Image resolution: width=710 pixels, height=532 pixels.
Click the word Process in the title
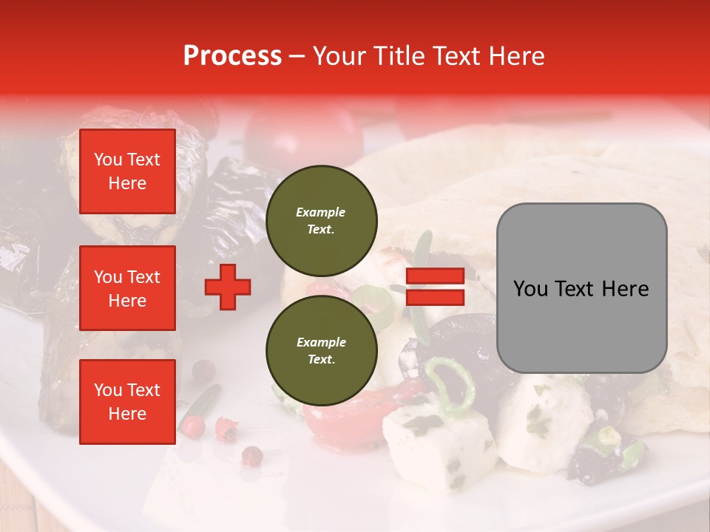(x=232, y=56)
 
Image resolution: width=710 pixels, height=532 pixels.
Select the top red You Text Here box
(x=127, y=171)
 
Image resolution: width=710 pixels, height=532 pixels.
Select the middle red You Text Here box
(x=127, y=288)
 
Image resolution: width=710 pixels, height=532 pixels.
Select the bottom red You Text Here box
(x=127, y=401)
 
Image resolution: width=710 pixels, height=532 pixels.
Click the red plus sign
(x=228, y=287)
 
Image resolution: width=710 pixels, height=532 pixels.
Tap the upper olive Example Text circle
(x=321, y=220)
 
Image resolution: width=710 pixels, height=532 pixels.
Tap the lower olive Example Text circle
(x=321, y=350)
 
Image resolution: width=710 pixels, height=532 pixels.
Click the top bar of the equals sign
(x=436, y=276)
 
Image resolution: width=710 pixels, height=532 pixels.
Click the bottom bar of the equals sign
(x=436, y=297)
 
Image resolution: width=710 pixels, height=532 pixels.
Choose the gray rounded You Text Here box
(x=581, y=288)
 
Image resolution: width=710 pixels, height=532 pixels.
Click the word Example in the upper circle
(x=321, y=212)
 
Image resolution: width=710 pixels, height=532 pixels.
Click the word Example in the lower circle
(x=321, y=342)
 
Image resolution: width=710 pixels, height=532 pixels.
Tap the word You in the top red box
(x=107, y=160)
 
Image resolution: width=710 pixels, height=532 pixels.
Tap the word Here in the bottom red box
(x=127, y=413)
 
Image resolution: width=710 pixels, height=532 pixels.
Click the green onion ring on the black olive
(x=450, y=383)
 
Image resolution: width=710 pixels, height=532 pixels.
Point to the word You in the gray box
(x=531, y=289)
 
